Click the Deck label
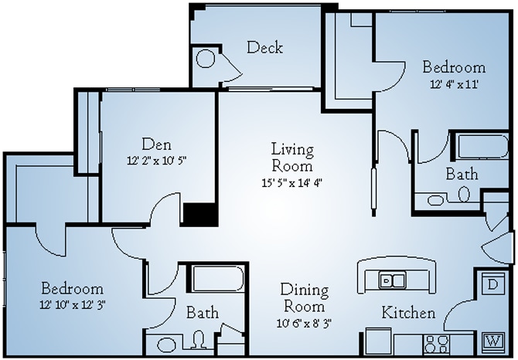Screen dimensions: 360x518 point(264,48)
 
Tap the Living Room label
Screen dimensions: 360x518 point(291,156)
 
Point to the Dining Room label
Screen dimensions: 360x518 point(304,298)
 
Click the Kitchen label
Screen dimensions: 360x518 point(408,314)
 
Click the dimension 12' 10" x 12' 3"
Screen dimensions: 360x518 point(72,304)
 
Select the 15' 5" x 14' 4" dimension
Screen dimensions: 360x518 point(291,183)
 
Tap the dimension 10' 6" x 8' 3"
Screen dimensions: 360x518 point(304,323)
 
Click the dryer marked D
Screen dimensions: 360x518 point(492,284)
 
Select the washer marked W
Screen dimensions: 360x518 point(492,340)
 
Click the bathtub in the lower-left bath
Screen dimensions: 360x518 point(218,279)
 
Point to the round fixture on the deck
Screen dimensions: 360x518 point(205,59)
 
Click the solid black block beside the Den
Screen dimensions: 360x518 point(199,213)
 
